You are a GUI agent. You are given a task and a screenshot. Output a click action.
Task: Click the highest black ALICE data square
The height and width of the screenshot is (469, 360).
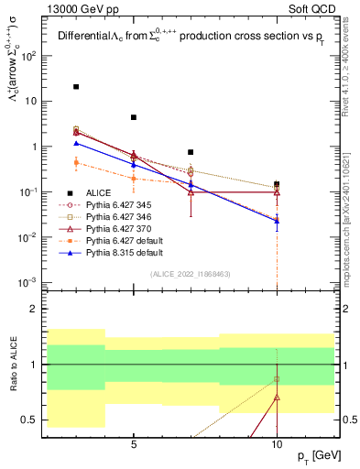[76, 87]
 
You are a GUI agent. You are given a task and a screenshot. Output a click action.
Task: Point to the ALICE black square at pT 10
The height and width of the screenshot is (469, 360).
[277, 184]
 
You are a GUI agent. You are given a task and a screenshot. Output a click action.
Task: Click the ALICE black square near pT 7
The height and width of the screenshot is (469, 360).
[191, 152]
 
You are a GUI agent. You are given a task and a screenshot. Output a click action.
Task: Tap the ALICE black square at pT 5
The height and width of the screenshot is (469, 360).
[134, 117]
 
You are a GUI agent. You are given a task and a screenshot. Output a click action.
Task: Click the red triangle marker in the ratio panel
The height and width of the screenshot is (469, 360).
[277, 398]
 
